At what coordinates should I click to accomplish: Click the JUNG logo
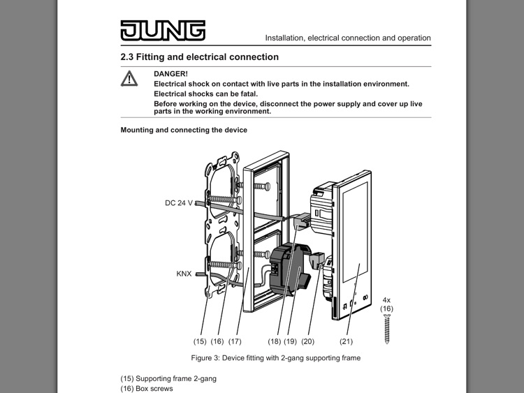[x=162, y=30]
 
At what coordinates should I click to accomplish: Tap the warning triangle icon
[x=129, y=79]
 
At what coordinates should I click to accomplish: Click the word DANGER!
[x=170, y=73]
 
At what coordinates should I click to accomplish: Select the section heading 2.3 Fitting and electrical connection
[x=199, y=57]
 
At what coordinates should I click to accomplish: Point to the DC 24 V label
[x=180, y=203]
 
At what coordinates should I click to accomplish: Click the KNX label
[x=184, y=274]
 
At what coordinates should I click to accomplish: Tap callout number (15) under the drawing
[x=201, y=341]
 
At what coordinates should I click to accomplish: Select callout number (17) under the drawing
[x=235, y=341]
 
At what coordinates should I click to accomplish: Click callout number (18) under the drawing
[x=275, y=341]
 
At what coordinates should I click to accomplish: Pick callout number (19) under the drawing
[x=291, y=341]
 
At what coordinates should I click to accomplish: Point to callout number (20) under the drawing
[x=309, y=341]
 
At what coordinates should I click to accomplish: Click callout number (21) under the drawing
[x=346, y=341]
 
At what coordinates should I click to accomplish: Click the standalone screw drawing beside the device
[x=386, y=329]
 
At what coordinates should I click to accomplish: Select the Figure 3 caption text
[x=276, y=358]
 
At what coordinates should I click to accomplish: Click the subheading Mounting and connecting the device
[x=184, y=130]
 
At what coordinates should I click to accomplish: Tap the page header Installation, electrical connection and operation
[x=347, y=38]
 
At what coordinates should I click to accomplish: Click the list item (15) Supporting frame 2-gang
[x=168, y=378]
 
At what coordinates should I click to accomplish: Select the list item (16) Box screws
[x=147, y=389]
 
